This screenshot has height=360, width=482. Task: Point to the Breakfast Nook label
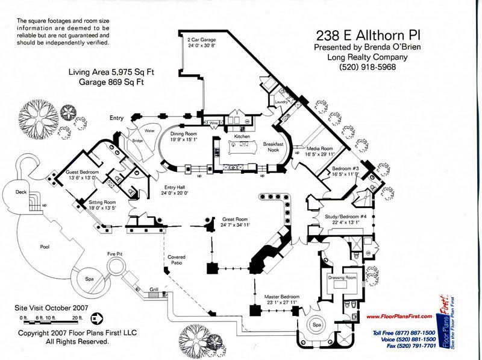[274, 147]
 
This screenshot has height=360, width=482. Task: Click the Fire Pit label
[115, 254]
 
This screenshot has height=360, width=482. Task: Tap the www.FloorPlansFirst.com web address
[399, 316]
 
